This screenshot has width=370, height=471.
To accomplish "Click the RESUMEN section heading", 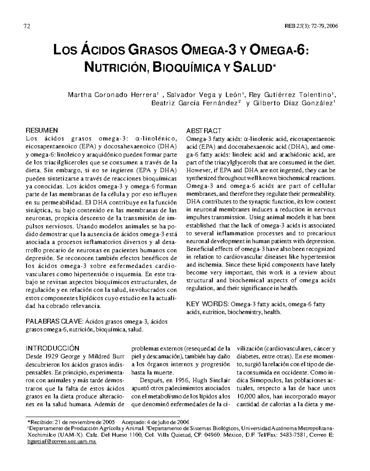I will coord(41,130).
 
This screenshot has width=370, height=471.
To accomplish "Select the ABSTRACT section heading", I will coord(204,131).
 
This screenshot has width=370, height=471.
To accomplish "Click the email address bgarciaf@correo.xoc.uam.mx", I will coord(62,442).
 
